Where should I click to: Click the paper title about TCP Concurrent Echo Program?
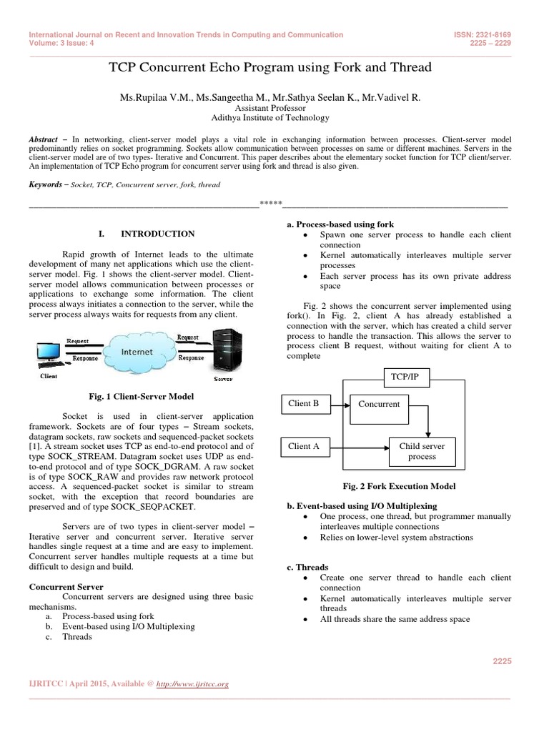click(x=269, y=68)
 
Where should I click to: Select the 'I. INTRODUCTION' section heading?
click(x=146, y=234)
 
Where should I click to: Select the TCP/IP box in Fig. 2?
click(x=405, y=376)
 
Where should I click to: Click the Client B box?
click(x=304, y=403)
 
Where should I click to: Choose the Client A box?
click(x=304, y=447)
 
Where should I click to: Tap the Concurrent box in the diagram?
click(x=379, y=404)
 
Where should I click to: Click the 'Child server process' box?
click(x=422, y=451)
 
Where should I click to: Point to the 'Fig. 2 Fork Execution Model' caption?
click(x=398, y=486)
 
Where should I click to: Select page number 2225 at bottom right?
click(x=502, y=662)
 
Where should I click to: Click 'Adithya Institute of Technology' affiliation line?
click(x=270, y=118)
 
